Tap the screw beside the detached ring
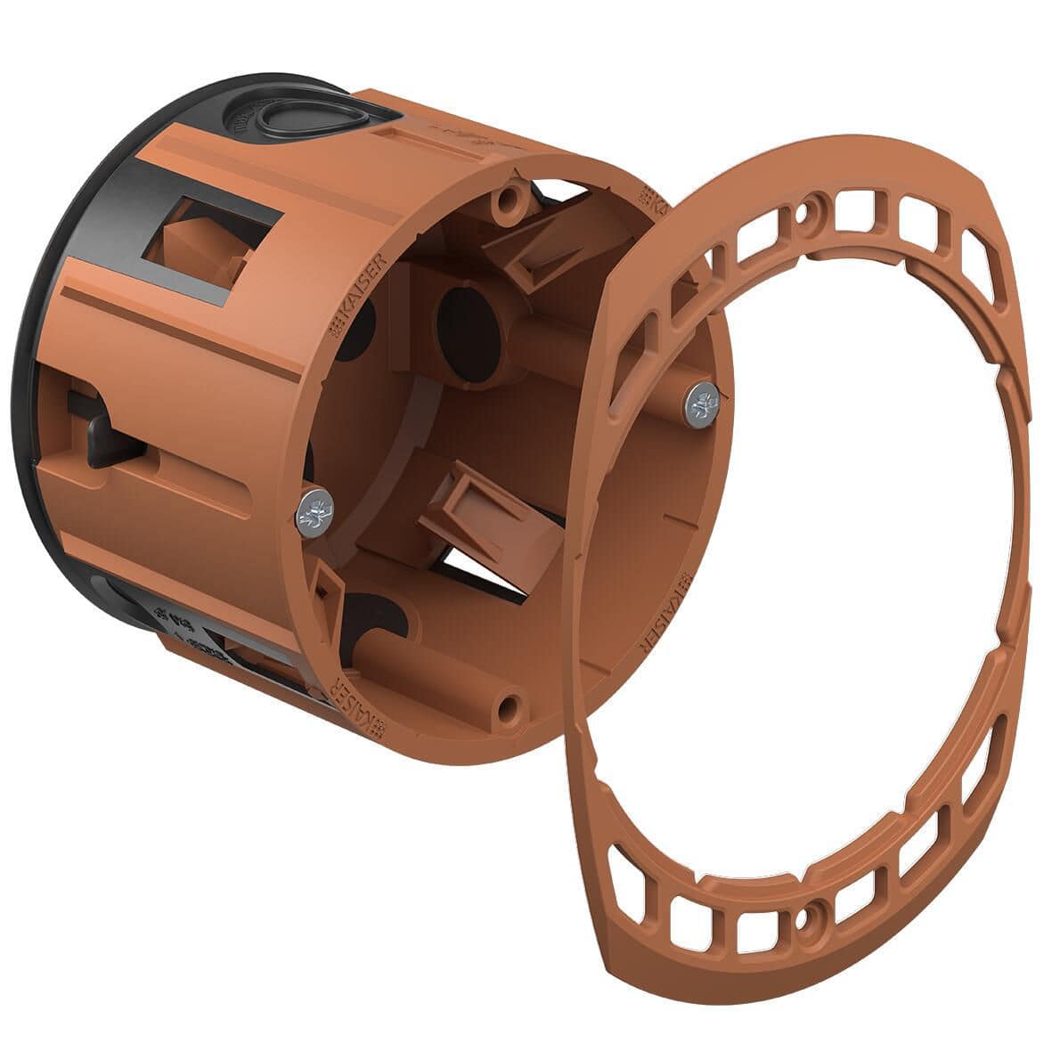tap(704, 404)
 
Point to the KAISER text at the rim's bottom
tap(361, 708)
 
